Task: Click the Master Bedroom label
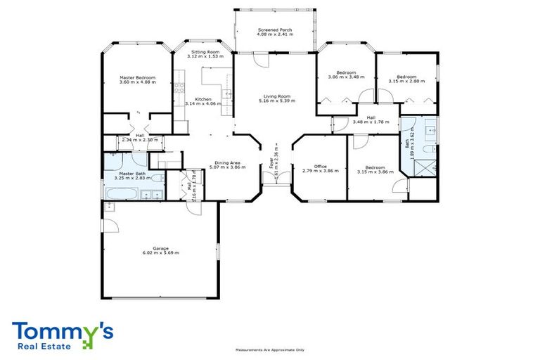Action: coord(137,77)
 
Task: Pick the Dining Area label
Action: coord(228,163)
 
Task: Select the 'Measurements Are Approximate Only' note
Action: coord(269,349)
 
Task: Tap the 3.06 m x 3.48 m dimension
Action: coord(345,77)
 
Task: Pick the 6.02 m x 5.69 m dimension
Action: coord(155,252)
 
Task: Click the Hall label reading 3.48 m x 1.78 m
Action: coord(371,120)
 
